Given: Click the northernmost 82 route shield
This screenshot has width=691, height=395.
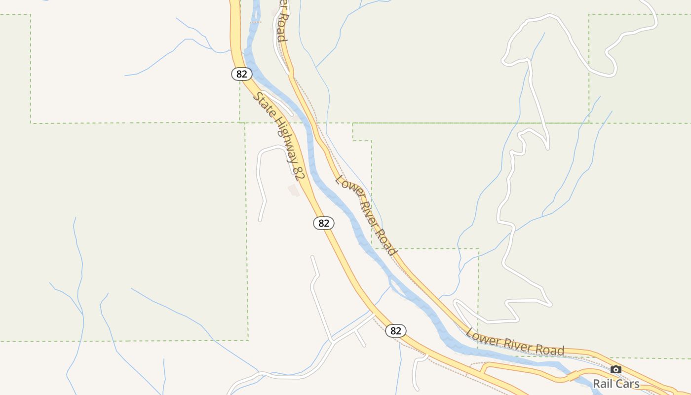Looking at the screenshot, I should click(x=241, y=74).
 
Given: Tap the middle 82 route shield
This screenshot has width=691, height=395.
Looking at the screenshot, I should click(x=324, y=223).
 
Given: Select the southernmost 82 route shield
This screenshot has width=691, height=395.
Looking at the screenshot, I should click(x=396, y=331).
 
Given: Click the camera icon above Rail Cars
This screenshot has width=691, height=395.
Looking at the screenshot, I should click(x=616, y=369).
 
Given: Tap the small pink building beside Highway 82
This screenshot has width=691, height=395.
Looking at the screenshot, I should click(x=294, y=190).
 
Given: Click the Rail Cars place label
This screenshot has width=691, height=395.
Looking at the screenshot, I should click(x=616, y=384).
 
